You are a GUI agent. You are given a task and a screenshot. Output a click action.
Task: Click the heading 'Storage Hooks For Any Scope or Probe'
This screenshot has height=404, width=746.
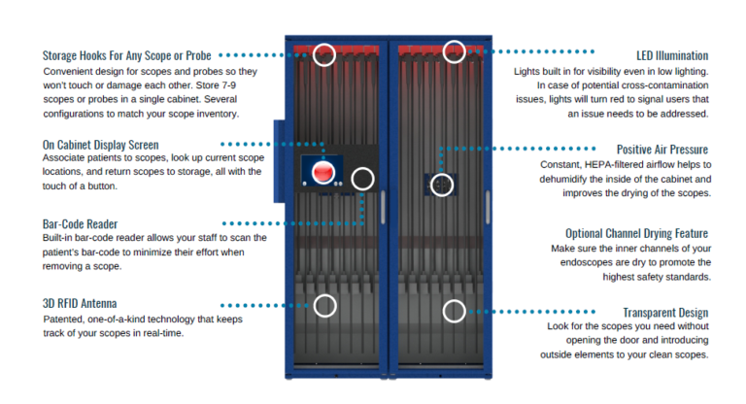click(126, 55)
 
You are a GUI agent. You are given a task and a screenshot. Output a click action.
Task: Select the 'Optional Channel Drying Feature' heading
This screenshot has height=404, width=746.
click(636, 233)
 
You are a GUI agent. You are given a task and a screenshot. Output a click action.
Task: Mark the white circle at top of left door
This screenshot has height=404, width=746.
click(325, 54)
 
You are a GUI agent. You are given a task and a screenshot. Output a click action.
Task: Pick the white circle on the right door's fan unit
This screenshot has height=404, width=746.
click(442, 184)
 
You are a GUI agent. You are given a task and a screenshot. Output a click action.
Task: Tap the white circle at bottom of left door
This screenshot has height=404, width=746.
click(325, 306)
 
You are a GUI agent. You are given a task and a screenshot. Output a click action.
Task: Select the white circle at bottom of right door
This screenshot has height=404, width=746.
click(454, 311)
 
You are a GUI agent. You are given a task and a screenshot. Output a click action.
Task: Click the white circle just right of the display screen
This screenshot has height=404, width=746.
click(362, 178)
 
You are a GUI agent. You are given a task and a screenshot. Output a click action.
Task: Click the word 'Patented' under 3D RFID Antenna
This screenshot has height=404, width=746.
click(65, 320)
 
